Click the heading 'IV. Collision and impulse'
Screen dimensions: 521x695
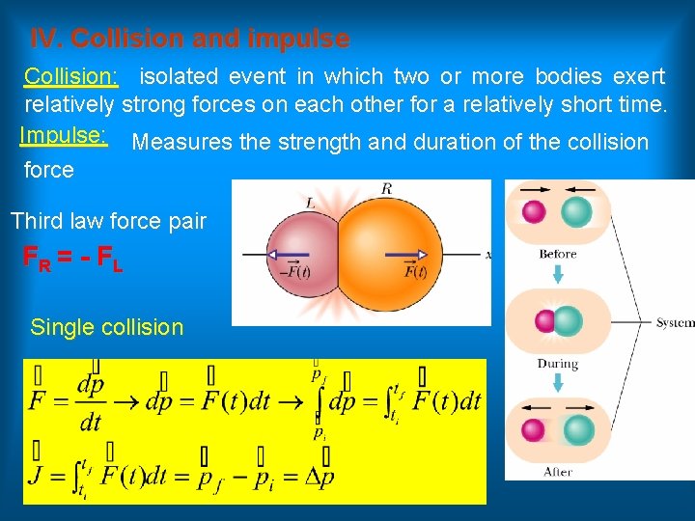coord(190,40)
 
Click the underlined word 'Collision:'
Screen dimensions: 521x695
coord(70,76)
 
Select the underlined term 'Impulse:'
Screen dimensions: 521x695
coord(63,135)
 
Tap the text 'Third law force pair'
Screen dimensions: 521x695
coord(108,221)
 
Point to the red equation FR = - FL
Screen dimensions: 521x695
coord(72,260)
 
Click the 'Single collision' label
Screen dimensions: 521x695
coord(106,327)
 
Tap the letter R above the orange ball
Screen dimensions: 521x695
coord(386,190)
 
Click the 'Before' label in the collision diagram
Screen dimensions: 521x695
coord(558,254)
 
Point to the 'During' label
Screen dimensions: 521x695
coord(558,364)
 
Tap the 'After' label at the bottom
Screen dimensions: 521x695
coord(558,472)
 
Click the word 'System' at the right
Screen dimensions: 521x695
coord(675,322)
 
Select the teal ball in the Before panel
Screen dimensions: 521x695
coord(576,211)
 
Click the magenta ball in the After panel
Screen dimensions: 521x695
coord(534,429)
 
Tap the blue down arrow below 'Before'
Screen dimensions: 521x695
coord(558,276)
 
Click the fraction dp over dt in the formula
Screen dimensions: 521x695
coord(89,402)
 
